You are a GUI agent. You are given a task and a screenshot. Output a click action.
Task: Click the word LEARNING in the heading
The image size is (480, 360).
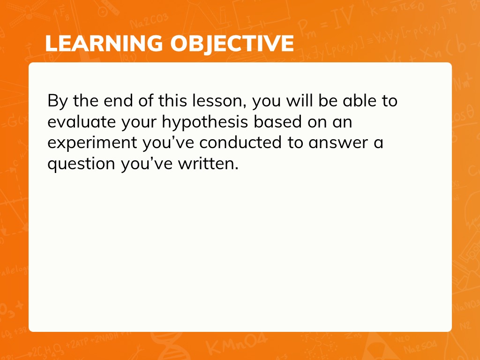pos(104,43)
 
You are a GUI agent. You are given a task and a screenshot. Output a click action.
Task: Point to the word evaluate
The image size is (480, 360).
pos(82,122)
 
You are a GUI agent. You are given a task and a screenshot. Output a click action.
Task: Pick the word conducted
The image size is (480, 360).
pos(240,142)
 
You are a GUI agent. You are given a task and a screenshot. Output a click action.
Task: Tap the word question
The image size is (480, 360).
pos(81,164)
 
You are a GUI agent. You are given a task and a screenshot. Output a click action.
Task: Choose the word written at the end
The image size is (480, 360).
pos(208,163)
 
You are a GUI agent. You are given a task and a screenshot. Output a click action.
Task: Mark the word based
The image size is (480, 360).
pos(277,121)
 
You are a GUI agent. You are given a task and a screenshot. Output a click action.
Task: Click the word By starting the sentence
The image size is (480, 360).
pos(57,102)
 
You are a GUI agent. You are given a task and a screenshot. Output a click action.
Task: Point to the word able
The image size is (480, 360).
pos(359,101)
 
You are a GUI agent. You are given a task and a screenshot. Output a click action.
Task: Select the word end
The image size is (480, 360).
pos(118,101)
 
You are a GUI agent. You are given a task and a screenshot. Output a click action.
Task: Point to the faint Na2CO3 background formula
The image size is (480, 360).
pos(149,21)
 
